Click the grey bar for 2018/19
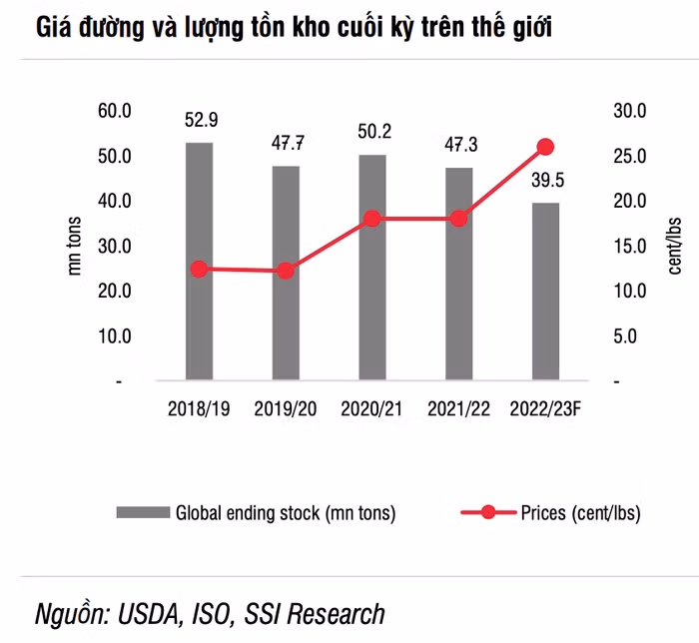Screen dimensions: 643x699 tap(200, 262)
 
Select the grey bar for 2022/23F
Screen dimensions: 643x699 tap(545, 292)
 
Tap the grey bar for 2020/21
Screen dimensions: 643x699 tap(372, 268)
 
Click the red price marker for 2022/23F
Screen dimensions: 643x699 tap(545, 147)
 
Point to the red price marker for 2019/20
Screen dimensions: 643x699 tap(287, 271)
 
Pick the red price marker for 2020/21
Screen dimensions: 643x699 tap(372, 218)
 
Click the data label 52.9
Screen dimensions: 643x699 tap(201, 121)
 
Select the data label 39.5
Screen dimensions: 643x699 tap(545, 180)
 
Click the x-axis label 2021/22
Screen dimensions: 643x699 tap(458, 409)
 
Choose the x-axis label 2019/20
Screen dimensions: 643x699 tap(287, 409)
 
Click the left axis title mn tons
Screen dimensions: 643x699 tap(75, 246)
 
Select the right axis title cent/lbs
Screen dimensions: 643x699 tap(675, 246)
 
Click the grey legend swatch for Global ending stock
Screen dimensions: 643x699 tap(143, 513)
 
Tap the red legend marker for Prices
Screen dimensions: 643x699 tap(487, 513)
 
